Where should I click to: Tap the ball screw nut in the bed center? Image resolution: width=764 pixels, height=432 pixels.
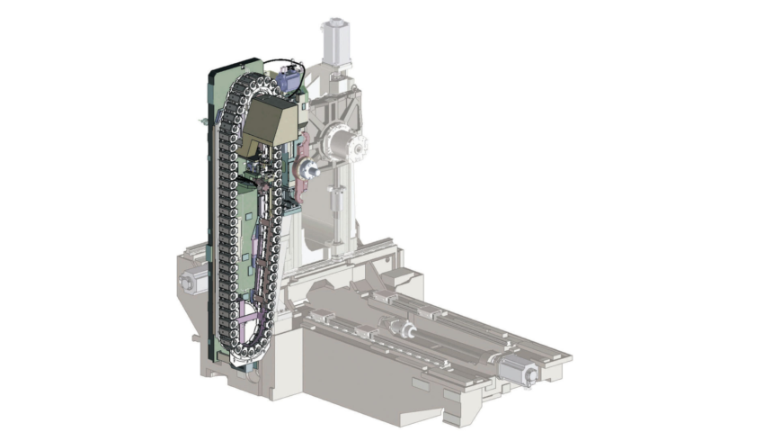[404, 331]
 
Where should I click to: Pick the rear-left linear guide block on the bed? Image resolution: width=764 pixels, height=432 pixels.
[382, 296]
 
